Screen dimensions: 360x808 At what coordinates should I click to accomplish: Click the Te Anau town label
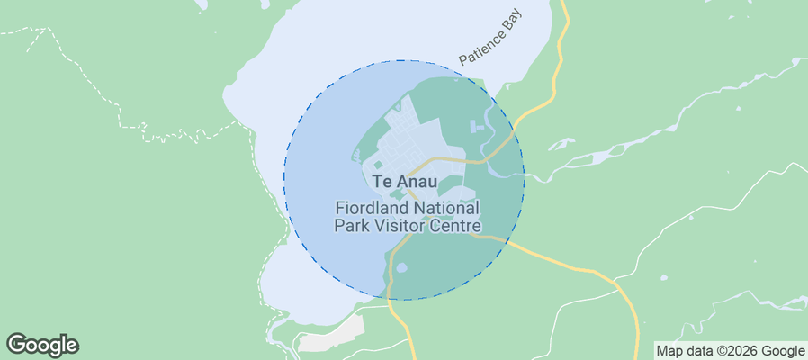404,182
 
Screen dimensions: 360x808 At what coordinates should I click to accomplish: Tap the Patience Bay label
491,43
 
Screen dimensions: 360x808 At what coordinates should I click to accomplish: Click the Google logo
42,345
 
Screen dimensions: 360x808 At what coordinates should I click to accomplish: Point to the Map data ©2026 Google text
730,351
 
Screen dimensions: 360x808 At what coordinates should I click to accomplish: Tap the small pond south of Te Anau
401,267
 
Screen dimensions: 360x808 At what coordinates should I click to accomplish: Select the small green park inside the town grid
377,165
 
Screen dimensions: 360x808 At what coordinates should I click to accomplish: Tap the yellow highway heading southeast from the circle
576,265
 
